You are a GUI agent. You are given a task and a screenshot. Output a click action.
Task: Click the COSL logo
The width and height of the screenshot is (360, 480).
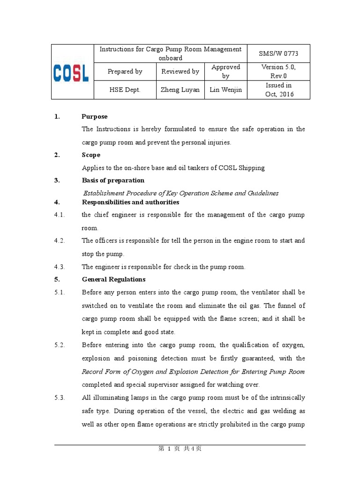pyautogui.click(x=72, y=72)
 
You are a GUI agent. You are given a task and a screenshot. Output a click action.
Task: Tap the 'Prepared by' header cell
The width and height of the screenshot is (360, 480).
pyautogui.click(x=125, y=72)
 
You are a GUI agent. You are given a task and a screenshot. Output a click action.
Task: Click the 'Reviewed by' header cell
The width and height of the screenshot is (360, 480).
pyautogui.click(x=180, y=72)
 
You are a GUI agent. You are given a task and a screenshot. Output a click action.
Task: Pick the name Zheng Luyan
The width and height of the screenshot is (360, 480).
pyautogui.click(x=180, y=90)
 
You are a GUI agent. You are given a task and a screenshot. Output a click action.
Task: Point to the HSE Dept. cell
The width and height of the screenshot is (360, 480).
pyautogui.click(x=125, y=90)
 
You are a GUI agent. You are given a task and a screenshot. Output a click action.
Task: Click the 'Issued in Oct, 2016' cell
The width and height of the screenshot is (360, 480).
pyautogui.click(x=278, y=90)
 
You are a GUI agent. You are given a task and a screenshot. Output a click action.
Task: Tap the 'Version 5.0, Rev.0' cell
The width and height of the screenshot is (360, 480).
pyautogui.click(x=278, y=72)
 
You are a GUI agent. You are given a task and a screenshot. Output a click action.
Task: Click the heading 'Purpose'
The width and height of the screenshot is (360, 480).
pyautogui.click(x=94, y=117)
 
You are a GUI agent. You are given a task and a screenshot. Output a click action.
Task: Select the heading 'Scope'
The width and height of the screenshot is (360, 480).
pyautogui.click(x=91, y=155)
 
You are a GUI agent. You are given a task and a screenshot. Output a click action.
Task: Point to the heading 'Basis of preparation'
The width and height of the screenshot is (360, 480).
pyautogui.click(x=113, y=180)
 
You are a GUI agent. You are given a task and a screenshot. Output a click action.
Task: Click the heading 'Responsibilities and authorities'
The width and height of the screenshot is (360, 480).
pyautogui.click(x=130, y=202)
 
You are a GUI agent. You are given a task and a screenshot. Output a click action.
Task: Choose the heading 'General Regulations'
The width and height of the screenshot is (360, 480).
pyautogui.click(x=113, y=279)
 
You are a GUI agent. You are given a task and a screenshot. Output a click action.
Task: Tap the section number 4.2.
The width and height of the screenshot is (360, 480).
pyautogui.click(x=60, y=241)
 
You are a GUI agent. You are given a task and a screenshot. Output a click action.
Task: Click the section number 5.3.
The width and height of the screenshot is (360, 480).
pyautogui.click(x=60, y=397)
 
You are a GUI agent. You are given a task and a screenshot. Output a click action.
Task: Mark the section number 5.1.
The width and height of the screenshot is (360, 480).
pyautogui.click(x=60, y=292)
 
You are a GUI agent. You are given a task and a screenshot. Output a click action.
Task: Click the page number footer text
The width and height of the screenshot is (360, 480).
pyautogui.click(x=180, y=449)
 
